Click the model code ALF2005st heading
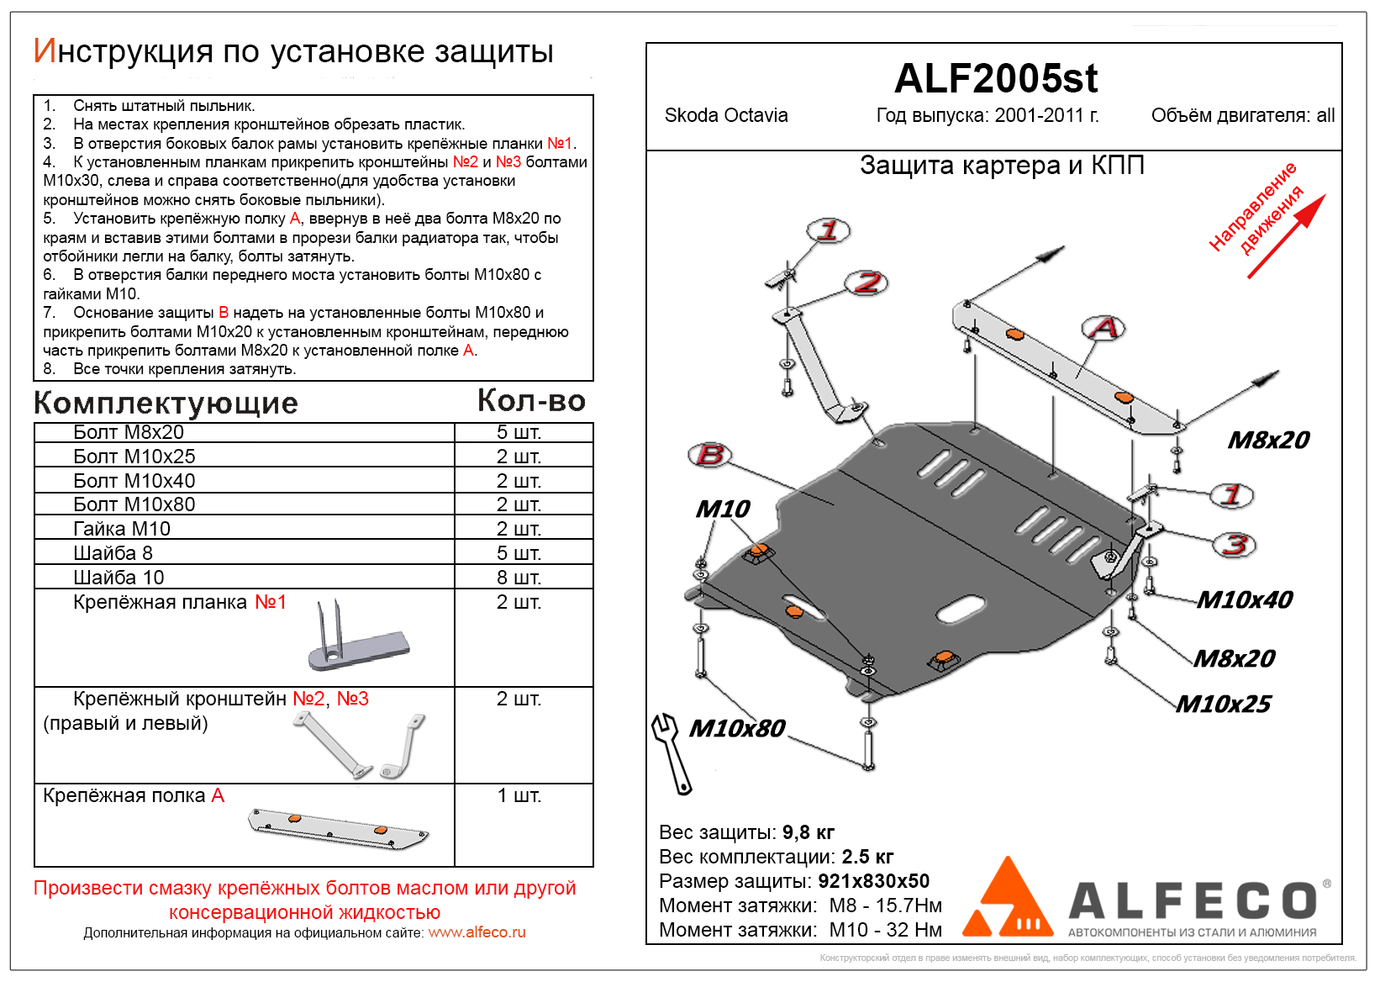tap(995, 79)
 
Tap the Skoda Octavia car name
tap(726, 116)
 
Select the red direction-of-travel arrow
tap(1286, 236)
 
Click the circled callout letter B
tap(710, 455)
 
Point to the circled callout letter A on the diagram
tap(1103, 328)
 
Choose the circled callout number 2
tap(866, 283)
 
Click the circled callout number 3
tap(1234, 545)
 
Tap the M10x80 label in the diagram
tap(737, 728)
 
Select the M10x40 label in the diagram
tap(1245, 599)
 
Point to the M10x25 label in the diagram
tap(1224, 704)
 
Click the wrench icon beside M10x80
tap(672, 752)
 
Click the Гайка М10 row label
tap(122, 529)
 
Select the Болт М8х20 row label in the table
tap(129, 432)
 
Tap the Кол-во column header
tap(531, 401)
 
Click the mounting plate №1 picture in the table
tap(357, 640)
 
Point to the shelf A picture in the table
tap(338, 828)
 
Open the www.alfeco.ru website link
tap(477, 932)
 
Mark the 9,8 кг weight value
tap(808, 832)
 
